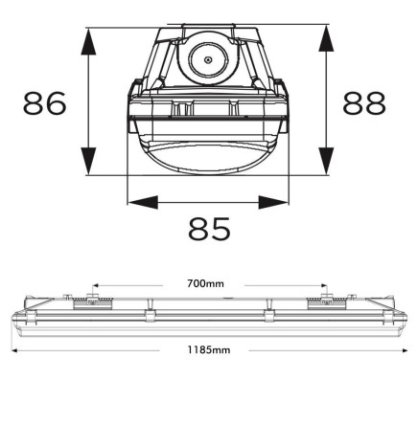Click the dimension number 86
pyautogui.click(x=45, y=103)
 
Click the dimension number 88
pyautogui.click(x=364, y=103)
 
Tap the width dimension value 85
pyautogui.click(x=209, y=230)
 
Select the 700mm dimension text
pyautogui.click(x=206, y=283)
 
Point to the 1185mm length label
pyautogui.click(x=209, y=350)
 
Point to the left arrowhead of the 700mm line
pyautogui.click(x=96, y=284)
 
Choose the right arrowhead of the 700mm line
pyautogui.click(x=323, y=284)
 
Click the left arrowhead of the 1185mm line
pyautogui.click(x=14, y=350)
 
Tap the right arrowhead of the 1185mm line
pyautogui.click(x=404, y=350)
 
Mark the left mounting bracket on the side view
pyautogui.click(x=100, y=301)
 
